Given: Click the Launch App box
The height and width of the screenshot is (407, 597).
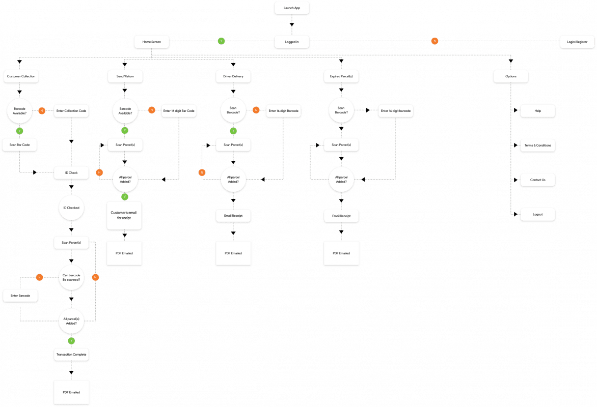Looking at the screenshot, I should pos(291,8).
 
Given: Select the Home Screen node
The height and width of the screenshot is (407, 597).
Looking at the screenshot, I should pos(151,42).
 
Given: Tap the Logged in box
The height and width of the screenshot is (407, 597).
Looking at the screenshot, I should pos(291,42).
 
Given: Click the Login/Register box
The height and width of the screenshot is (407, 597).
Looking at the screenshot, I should pos(573,42).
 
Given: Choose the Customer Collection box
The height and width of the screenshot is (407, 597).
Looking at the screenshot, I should pos(21,76).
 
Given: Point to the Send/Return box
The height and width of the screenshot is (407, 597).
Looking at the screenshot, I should pos(125,76).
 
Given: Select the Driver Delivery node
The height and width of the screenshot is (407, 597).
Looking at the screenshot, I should pos(233,76).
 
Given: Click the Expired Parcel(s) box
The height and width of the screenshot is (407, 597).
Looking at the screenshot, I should pos(341,76).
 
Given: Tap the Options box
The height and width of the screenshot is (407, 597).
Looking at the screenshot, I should pos(510,76).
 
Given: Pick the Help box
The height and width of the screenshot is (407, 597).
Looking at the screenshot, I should pos(537,111).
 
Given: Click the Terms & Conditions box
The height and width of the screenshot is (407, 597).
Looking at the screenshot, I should pos(537,146).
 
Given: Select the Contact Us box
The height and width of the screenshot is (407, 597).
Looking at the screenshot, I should pos(537,180).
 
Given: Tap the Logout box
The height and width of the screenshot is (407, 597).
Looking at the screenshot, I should pos(537,215).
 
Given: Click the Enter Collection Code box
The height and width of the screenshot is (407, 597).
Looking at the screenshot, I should pos(71,111).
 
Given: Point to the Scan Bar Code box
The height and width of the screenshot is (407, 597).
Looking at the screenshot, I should pos(20,145).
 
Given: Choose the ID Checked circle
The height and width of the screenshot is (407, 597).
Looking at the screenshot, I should pos(71,208).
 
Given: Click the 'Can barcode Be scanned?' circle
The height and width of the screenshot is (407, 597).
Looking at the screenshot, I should pos(71,278).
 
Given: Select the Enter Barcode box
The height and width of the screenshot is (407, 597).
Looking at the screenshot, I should pos(20,296).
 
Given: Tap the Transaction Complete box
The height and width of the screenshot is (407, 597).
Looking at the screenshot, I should pos(71,354).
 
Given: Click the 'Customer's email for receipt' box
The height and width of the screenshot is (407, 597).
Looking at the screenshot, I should pos(124,215).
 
